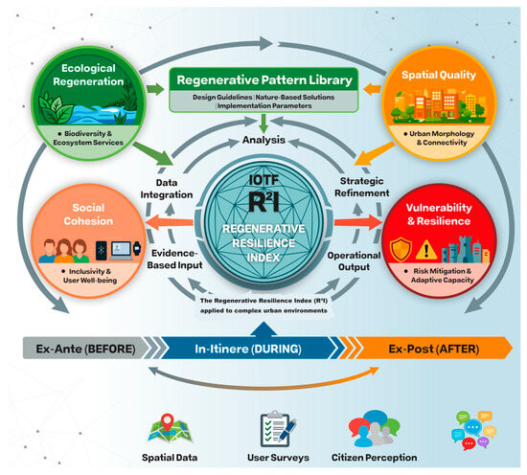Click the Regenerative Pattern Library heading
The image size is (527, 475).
[x=264, y=79]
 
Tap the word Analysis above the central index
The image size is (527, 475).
[x=263, y=140]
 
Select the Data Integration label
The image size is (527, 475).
[x=167, y=189]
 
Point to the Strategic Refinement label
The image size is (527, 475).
[x=362, y=187]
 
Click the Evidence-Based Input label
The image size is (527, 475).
[x=174, y=259]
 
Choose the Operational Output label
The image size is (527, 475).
[x=354, y=261]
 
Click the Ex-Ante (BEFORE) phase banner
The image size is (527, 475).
[x=86, y=349]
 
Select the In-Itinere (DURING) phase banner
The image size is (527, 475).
[x=249, y=349]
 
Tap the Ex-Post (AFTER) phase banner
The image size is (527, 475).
[x=433, y=349]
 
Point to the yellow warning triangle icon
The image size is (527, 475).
[x=426, y=251]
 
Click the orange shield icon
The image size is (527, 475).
[x=401, y=249]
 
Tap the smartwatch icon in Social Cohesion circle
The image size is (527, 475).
[x=137, y=249]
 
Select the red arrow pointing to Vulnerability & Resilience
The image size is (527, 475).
[x=358, y=222]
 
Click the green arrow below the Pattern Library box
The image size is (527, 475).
[x=263, y=124]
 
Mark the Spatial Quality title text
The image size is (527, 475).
[x=439, y=75]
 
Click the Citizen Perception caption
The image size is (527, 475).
[x=374, y=457]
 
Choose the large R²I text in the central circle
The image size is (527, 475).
[x=263, y=202]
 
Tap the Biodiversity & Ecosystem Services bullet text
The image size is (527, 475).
[x=88, y=138]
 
